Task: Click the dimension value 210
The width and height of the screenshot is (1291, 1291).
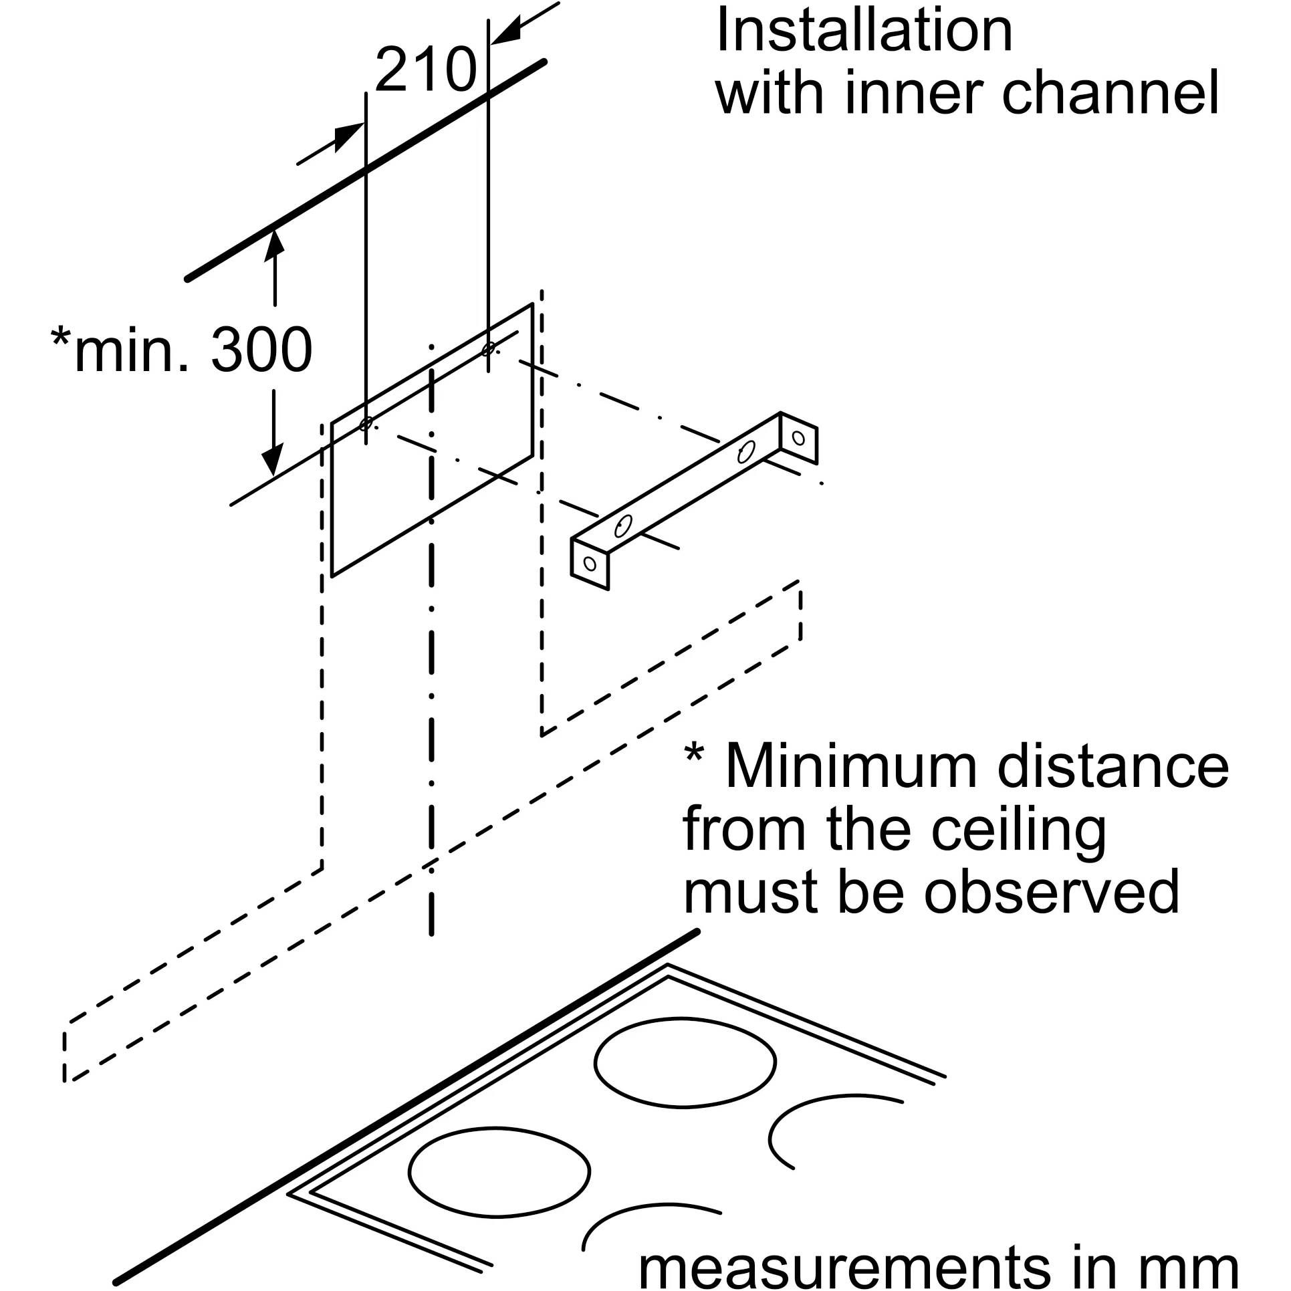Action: coord(426,70)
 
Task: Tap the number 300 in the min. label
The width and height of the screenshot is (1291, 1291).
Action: coord(261,350)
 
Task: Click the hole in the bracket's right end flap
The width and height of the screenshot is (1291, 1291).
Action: coord(798,438)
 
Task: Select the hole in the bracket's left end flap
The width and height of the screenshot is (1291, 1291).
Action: coord(589,564)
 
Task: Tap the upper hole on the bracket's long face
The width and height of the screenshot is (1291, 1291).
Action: coord(746,453)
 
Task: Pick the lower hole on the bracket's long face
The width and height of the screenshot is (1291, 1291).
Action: coord(623,526)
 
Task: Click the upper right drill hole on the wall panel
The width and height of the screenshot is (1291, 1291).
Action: coord(489,348)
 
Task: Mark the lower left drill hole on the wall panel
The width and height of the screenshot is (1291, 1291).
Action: coord(366,424)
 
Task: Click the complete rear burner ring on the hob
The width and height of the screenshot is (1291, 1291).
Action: coord(685,1061)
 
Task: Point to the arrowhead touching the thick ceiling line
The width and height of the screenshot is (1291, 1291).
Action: coord(274,242)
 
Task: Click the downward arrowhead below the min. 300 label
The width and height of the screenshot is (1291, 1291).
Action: coord(272,461)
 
